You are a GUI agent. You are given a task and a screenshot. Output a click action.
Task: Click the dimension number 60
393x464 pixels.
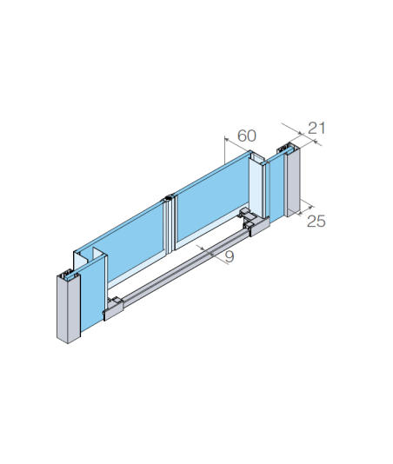[x=247, y=136]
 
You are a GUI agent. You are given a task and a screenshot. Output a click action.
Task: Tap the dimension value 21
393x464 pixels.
[x=316, y=128]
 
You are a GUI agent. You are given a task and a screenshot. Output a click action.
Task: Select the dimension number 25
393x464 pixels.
[x=316, y=221]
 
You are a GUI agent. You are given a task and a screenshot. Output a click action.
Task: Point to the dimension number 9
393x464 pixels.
[x=230, y=256]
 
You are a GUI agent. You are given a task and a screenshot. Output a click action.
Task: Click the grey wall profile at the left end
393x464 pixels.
[x=69, y=308]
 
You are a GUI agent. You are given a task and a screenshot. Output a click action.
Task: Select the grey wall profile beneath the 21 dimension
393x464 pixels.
[x=292, y=181]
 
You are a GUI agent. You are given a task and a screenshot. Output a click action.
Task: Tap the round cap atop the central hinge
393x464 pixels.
[x=169, y=197]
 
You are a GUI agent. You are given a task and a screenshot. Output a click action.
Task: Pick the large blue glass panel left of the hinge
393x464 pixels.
[x=135, y=240]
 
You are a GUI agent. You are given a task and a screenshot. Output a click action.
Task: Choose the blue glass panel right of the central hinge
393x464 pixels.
[x=213, y=202]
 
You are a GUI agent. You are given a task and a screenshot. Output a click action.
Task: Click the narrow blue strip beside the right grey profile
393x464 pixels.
[x=277, y=189]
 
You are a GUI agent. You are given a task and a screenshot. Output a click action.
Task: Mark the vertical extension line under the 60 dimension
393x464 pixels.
[x=225, y=150]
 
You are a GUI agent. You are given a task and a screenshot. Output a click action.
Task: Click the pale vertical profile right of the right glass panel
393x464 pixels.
[x=256, y=186]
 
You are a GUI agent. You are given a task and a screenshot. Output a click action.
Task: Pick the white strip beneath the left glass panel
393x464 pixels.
[x=135, y=270]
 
